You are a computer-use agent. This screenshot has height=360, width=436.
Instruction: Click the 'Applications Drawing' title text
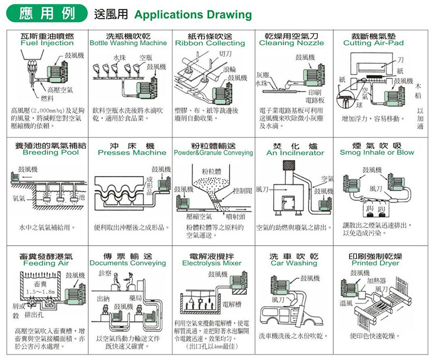193,14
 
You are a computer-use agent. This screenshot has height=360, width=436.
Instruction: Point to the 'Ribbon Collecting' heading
210,43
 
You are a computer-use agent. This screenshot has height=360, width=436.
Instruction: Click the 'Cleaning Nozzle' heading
291,43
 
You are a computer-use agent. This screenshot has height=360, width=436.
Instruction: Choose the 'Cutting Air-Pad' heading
373,43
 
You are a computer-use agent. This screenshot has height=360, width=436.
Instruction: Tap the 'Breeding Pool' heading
48,152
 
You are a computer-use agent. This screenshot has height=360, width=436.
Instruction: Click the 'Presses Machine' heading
131,152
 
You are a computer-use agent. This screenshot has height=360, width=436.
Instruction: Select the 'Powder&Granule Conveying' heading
213,152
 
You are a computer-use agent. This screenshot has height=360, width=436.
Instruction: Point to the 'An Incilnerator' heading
295,152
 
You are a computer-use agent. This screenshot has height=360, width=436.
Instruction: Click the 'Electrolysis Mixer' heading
212,264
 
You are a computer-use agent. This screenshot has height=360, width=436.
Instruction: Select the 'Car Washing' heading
294,264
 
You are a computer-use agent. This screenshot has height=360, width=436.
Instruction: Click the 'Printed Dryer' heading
375,264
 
